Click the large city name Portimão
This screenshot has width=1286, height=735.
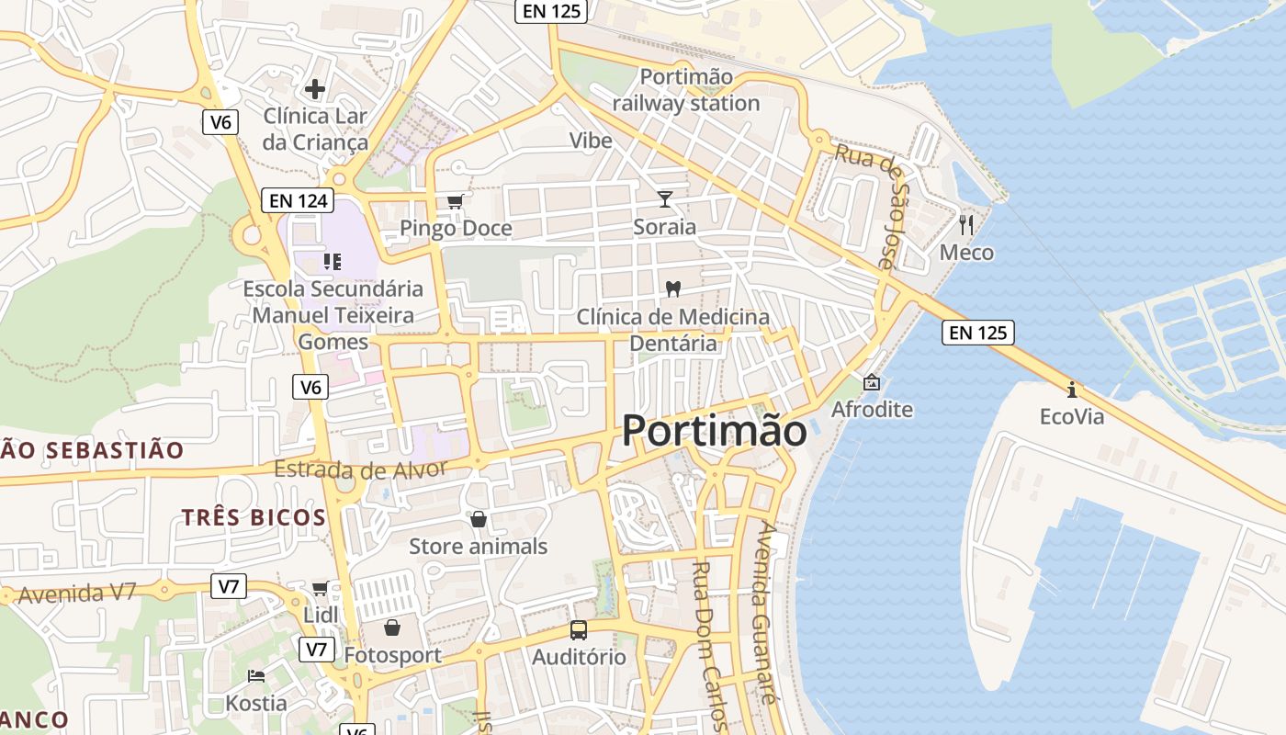tap(715, 431)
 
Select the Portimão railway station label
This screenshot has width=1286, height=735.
tap(686, 90)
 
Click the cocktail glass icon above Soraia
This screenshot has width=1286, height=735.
tap(665, 199)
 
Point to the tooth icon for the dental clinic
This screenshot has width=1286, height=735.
tap(672, 288)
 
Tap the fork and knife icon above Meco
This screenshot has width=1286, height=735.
tap(966, 224)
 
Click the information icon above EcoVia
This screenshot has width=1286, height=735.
tap(1071, 389)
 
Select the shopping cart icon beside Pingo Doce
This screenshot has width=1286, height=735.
tap(455, 201)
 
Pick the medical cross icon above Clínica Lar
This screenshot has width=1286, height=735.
tap(314, 89)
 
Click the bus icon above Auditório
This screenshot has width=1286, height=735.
tap(579, 630)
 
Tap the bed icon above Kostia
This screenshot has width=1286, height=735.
tap(256, 676)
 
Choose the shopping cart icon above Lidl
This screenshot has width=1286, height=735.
tap(320, 588)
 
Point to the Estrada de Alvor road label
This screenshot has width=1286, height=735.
tap(360, 469)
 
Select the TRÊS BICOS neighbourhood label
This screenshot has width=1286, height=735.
tap(254, 517)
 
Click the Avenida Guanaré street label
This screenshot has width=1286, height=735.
tap(764, 612)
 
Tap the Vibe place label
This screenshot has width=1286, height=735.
tap(591, 141)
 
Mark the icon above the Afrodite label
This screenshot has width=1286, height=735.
tap(871, 382)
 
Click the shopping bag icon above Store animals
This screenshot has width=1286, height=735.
tap(478, 520)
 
